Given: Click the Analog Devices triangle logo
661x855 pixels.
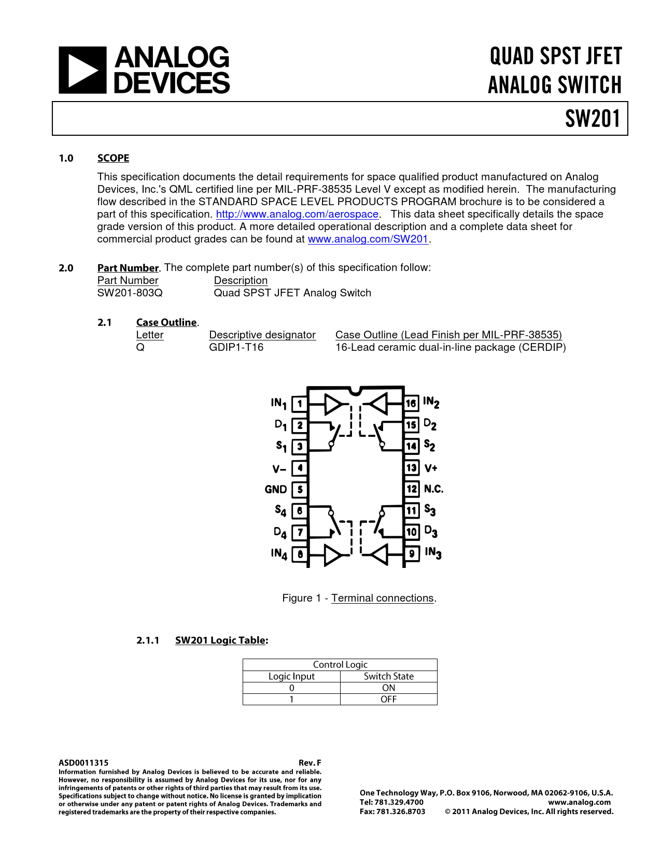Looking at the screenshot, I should [x=82, y=70].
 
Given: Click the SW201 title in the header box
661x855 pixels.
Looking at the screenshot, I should [x=593, y=119].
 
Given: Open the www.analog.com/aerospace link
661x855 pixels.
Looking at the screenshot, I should [x=297, y=214].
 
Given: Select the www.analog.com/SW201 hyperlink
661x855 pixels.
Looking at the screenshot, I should [x=368, y=239].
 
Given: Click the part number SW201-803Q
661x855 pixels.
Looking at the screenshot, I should [x=130, y=293].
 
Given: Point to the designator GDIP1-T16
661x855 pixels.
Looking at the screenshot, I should [x=236, y=347].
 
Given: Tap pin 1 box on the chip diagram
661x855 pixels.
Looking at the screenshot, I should [x=300, y=403].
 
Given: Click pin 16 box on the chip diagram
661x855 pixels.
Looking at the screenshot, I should [x=411, y=403].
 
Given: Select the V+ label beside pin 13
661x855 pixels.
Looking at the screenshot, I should [x=431, y=468].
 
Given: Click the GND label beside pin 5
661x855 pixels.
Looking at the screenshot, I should [x=276, y=490].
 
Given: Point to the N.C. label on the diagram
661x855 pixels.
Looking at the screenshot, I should [x=433, y=489].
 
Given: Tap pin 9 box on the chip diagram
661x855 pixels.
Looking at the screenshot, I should [x=412, y=553].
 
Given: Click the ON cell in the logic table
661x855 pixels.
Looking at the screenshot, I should [x=388, y=688].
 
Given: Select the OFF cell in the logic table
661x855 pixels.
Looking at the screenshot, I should [x=388, y=699].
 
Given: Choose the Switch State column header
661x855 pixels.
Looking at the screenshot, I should [x=388, y=676].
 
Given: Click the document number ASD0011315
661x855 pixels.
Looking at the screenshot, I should [x=83, y=763].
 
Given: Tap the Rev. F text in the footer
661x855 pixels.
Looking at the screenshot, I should [x=310, y=763].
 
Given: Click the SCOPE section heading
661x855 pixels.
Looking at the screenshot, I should [x=113, y=158].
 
